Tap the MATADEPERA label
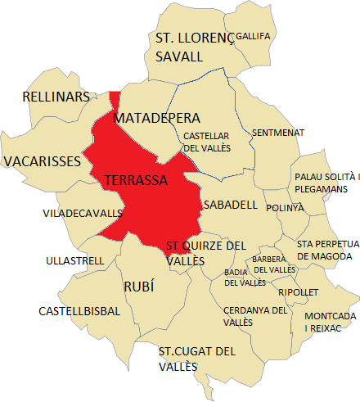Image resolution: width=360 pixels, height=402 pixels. (156, 120)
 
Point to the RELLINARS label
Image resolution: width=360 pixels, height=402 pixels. (56, 97)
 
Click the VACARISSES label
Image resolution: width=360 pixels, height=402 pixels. (42, 161)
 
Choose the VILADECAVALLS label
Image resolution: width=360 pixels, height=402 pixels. (82, 214)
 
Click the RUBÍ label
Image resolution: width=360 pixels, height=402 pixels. (138, 287)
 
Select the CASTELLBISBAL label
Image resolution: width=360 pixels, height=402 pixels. (79, 311)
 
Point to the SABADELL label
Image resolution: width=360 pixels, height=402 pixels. (231, 204)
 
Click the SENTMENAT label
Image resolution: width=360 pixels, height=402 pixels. (278, 132)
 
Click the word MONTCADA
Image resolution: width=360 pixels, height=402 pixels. (330, 316)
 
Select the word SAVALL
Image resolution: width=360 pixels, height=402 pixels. (180, 56)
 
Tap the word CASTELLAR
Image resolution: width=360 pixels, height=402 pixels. (206, 136)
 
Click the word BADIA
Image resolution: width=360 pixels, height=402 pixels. (236, 272)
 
